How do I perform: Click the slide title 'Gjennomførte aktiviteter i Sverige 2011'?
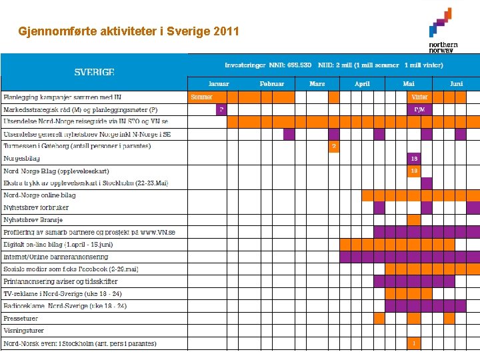129,31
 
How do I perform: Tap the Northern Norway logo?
443,30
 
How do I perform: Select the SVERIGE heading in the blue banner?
94,71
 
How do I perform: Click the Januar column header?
219,84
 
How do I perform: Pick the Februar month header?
272,84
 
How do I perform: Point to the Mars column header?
317,84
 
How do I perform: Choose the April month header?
362,84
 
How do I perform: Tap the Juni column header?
456,84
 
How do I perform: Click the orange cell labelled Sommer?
201,97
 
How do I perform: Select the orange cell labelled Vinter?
419,97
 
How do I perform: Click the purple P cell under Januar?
221,109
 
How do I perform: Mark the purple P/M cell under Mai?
419,109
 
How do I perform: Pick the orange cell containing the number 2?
334,146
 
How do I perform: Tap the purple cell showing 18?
414,159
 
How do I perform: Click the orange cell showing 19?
414,171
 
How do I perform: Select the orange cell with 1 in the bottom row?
414,343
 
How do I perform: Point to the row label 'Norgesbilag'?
21,159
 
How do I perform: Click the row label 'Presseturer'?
21,319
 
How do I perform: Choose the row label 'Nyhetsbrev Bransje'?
33,220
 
